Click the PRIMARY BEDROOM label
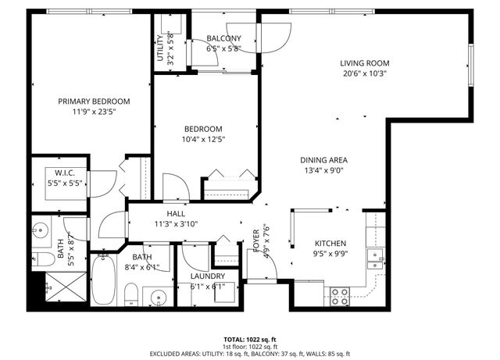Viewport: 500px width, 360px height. (x=94, y=102)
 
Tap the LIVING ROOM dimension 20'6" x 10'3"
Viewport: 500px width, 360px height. (x=364, y=73)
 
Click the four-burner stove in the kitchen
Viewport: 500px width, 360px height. (x=340, y=296)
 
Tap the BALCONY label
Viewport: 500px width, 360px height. (x=223, y=38)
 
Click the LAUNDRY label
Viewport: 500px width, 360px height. (x=208, y=276)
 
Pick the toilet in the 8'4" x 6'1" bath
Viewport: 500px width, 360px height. (x=130, y=295)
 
